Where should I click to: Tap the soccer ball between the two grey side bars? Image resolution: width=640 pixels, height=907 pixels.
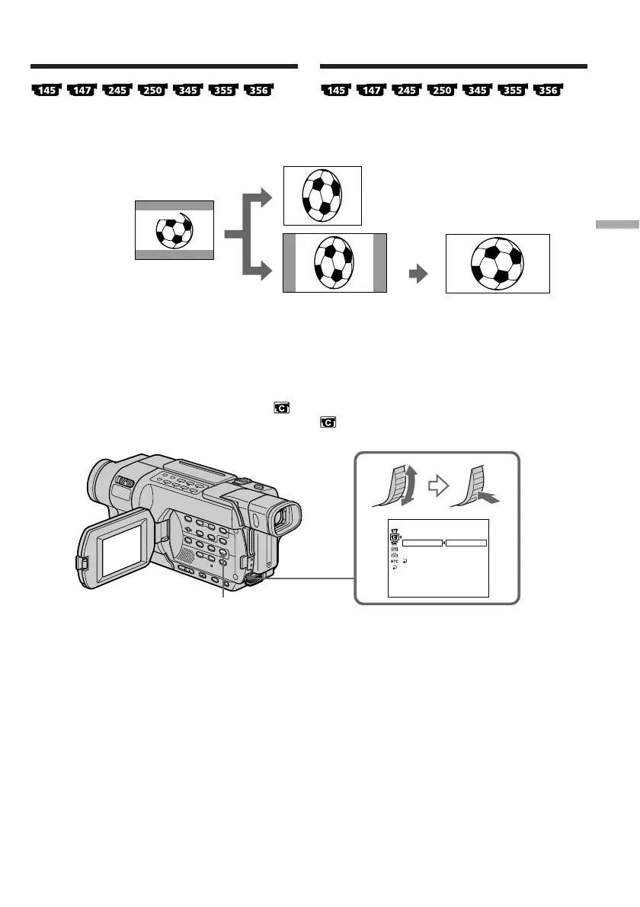pos(335,263)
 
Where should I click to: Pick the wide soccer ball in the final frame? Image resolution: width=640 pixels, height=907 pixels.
pos(498,264)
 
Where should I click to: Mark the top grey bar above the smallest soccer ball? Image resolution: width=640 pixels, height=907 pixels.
pos(174,205)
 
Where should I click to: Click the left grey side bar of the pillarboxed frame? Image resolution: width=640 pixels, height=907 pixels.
pos(289,263)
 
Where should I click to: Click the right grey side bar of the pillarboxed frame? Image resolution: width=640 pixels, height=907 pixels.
pos(380,263)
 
